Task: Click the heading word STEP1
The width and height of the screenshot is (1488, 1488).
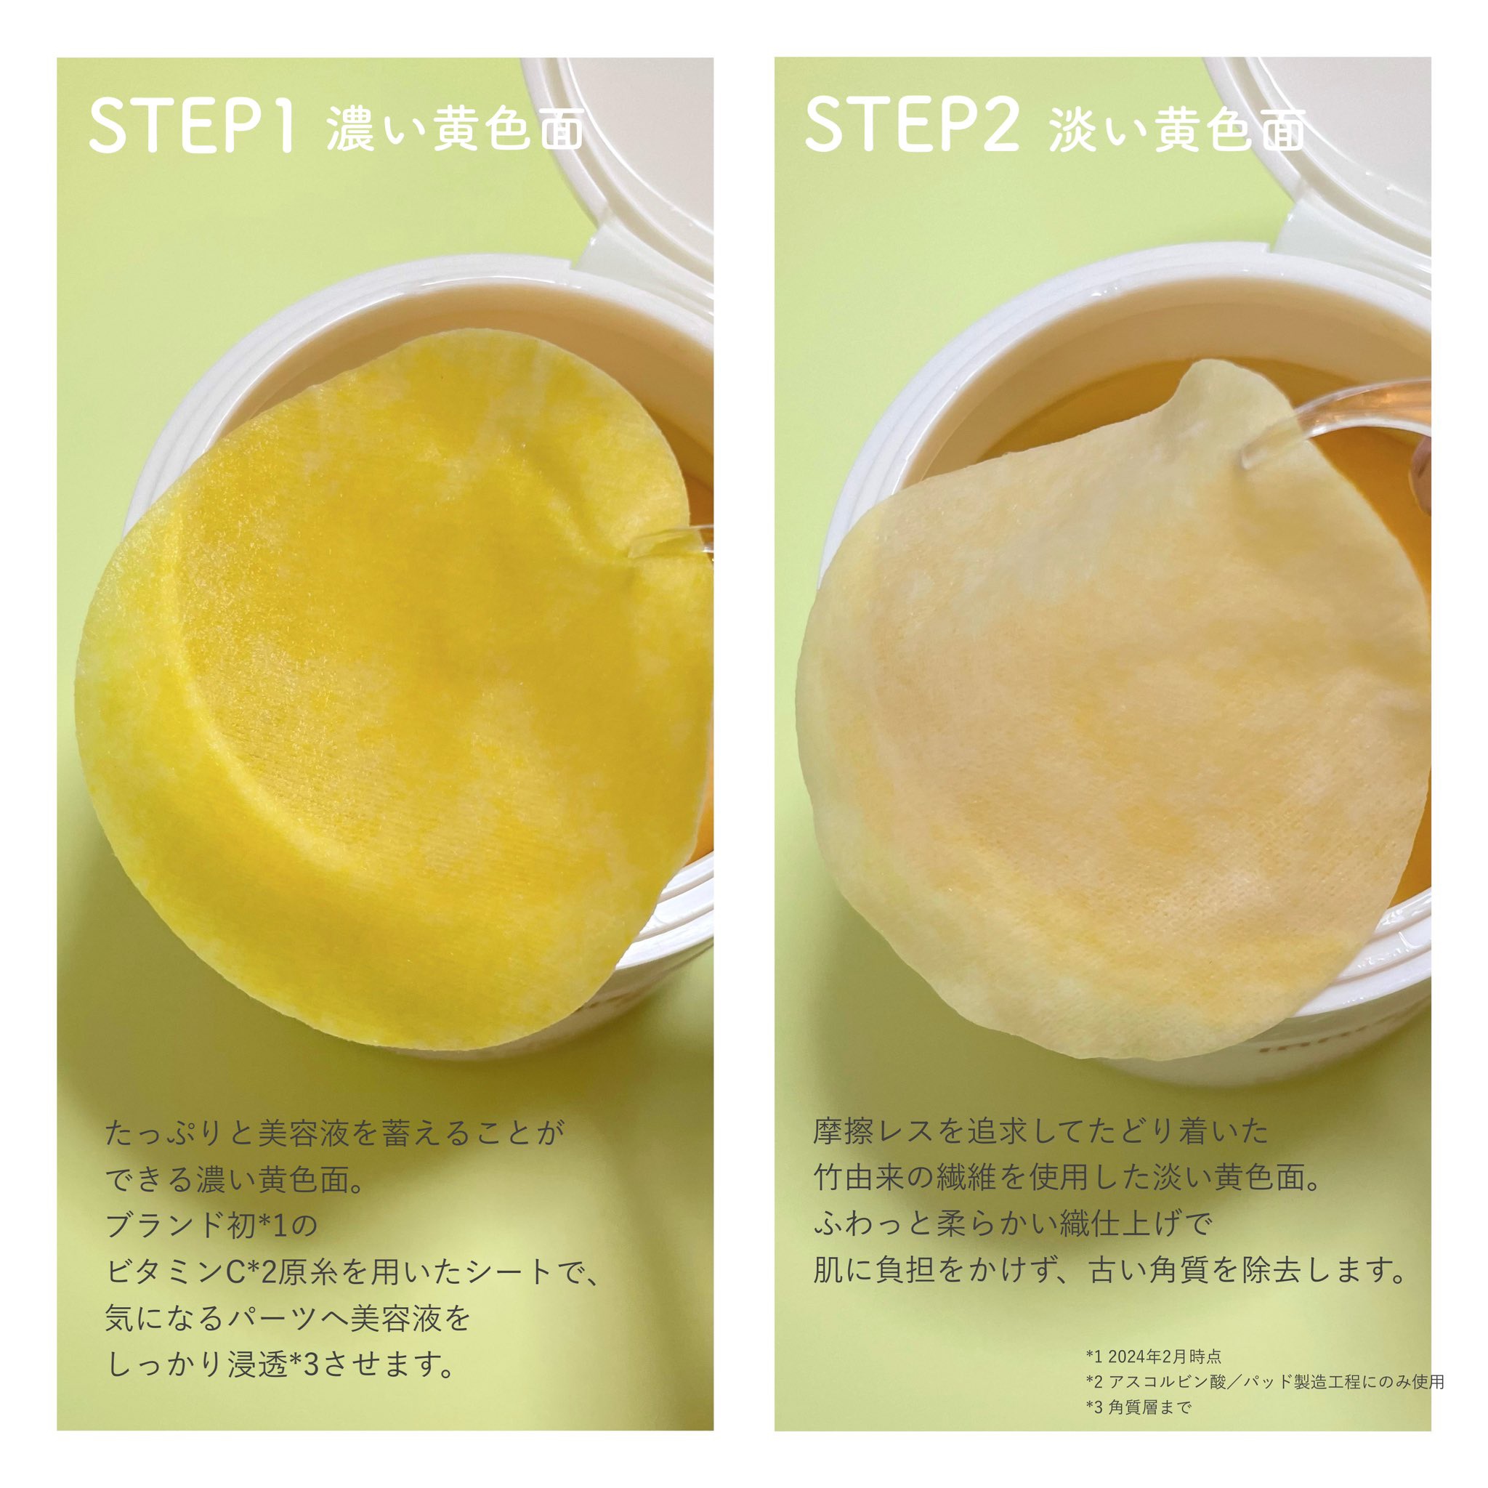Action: click(x=192, y=126)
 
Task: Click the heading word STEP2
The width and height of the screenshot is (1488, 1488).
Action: click(x=912, y=126)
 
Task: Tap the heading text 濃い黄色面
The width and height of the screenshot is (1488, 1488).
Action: click(x=454, y=129)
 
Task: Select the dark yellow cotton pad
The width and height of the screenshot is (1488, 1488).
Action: click(x=385, y=693)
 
